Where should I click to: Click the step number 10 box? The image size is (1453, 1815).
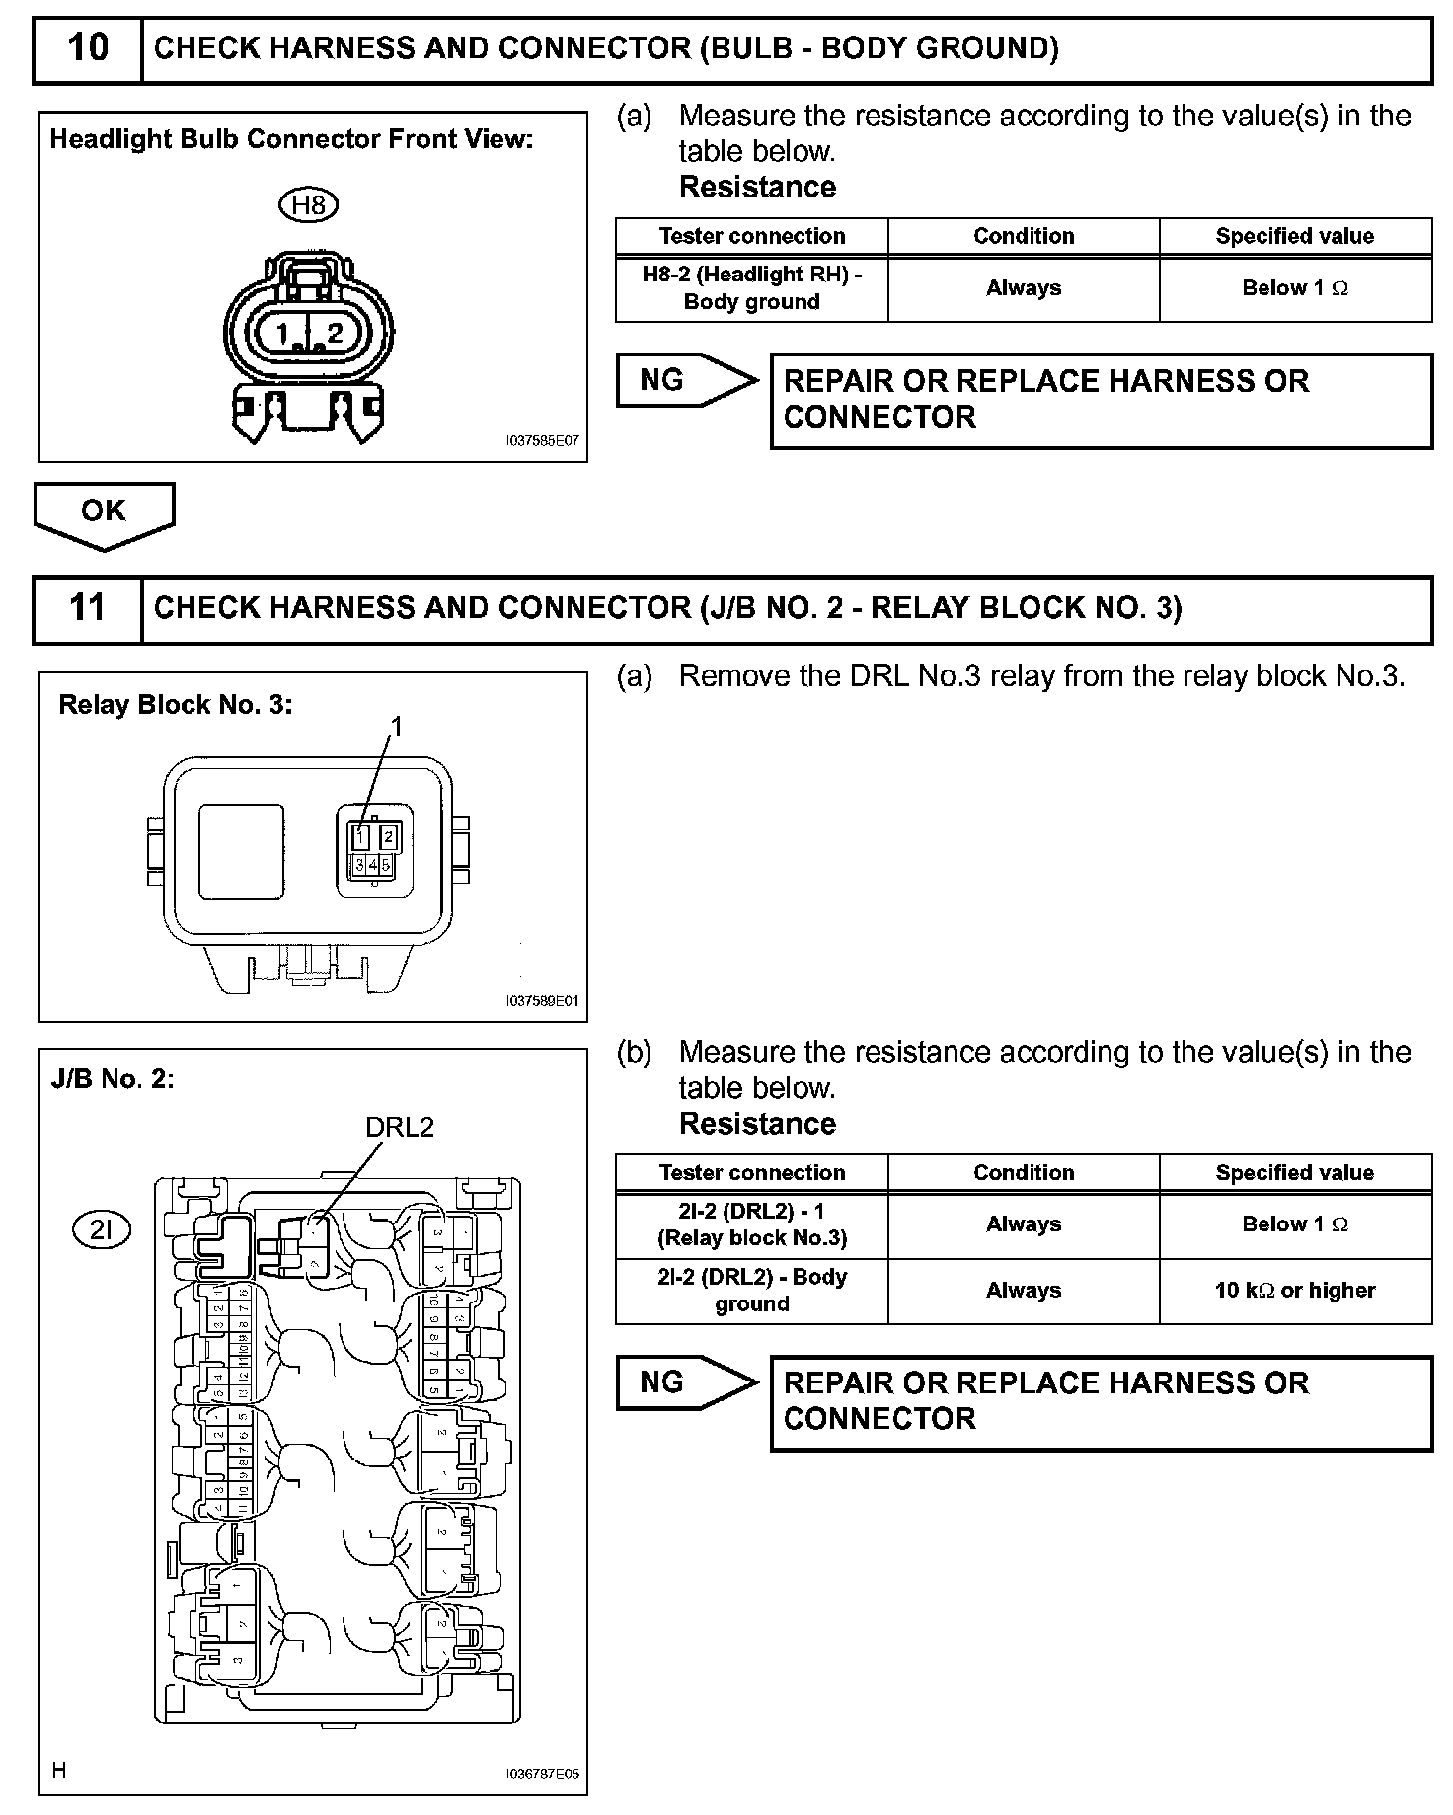88,48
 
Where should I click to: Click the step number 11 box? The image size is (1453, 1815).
88,608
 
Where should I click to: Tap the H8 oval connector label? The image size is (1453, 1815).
309,205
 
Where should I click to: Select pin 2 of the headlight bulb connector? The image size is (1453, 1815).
336,333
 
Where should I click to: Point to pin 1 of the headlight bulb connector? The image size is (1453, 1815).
283,333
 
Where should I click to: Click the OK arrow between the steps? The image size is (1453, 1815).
104,513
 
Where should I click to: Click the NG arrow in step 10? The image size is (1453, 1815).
686,380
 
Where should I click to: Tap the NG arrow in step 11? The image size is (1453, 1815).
686,1382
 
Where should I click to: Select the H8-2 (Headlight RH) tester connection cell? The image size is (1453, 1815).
751,288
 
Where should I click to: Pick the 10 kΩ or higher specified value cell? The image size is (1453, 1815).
1294,1291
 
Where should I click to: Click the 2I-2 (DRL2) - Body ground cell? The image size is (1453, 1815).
751,1291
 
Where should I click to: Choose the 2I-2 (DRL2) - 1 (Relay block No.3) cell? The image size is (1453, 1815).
751,1224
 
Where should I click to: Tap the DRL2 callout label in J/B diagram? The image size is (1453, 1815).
400,1127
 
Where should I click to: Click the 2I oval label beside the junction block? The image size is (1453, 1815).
102,1229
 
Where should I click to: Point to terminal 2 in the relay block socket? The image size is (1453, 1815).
389,837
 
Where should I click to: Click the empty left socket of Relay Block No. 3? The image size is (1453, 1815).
241,851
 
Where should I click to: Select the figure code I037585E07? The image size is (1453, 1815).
542,441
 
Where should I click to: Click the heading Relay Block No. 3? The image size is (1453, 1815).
176,705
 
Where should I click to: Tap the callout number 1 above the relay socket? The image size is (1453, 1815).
397,727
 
